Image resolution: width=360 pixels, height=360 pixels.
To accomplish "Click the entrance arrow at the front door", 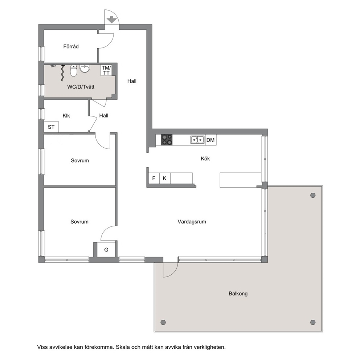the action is pos(112,20).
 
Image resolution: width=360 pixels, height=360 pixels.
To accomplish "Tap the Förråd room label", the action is pos(71,46).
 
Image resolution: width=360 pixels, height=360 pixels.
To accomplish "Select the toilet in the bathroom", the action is pos(73,70).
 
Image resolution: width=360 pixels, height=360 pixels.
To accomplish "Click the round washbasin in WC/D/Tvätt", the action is pos(85,69).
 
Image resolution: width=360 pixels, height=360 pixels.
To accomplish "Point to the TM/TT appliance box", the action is pos(106,70).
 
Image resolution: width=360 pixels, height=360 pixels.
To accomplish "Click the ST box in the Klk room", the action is pos(51,127).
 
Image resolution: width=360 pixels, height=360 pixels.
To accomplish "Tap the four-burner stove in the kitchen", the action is pos(167,140).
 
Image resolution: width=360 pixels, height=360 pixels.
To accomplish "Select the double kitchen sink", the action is pos(197,140).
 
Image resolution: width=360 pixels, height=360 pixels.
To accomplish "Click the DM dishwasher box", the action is pos(210,140).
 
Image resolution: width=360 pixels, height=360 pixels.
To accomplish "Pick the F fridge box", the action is pos(154,178).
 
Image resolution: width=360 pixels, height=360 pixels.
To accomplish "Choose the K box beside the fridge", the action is pos(165,178).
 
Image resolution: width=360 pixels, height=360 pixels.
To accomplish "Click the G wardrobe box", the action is pos(106,250).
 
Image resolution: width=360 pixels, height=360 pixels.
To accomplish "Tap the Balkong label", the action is pos(238,294).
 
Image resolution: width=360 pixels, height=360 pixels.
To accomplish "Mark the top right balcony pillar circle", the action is pos(313,195).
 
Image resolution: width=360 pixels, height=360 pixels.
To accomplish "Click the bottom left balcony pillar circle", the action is pos(163,322).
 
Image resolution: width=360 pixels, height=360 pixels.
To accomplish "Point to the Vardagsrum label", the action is pos(192,222).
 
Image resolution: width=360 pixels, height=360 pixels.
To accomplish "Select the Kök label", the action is pos(205,159).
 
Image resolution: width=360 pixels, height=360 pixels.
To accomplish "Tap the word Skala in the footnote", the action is pos(122,347).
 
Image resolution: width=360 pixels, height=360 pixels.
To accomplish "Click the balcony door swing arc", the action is pos(174,273).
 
